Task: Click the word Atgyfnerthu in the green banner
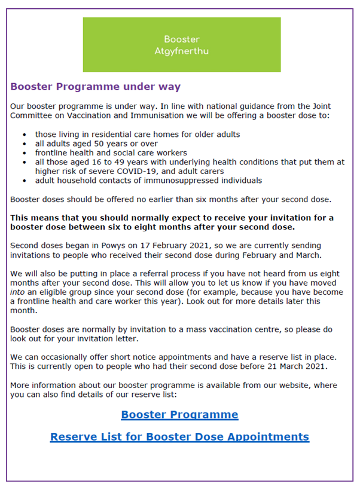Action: tap(181, 51)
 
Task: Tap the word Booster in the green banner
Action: tap(181, 39)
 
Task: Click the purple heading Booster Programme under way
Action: tap(95, 87)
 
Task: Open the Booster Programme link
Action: tap(179, 414)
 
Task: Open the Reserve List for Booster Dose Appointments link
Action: tap(179, 436)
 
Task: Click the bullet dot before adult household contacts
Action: tap(24, 181)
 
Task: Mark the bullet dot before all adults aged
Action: tap(24, 144)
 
